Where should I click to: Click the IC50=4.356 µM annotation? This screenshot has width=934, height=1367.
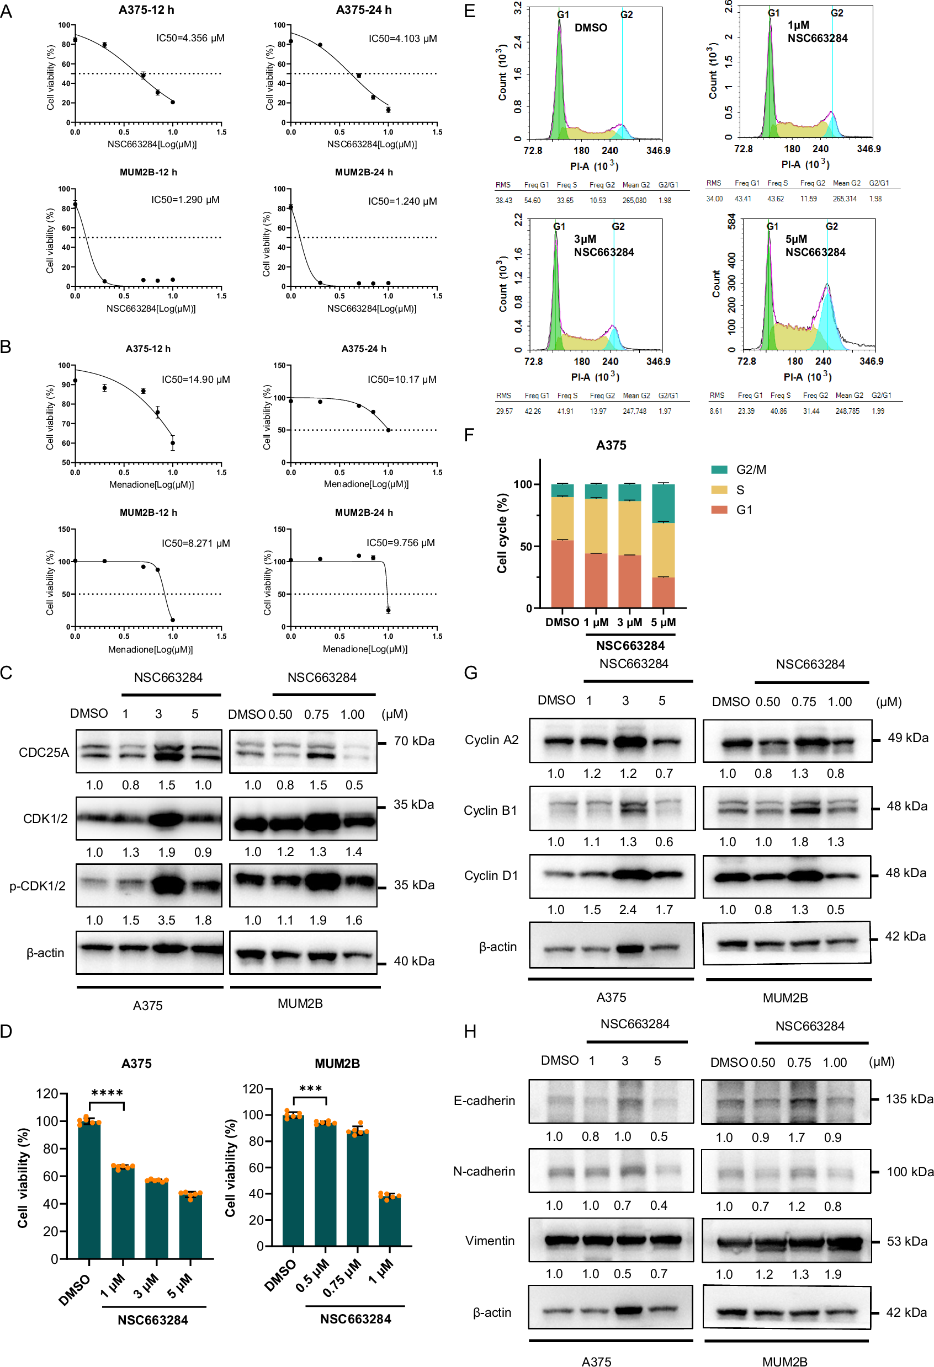point(190,38)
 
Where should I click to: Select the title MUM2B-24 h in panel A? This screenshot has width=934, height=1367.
point(364,172)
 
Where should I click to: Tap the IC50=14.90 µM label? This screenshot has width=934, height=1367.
point(195,380)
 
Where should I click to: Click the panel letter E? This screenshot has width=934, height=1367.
point(469,11)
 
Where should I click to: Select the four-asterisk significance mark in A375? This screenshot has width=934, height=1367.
point(107,1093)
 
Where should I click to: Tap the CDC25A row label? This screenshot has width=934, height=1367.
point(44,752)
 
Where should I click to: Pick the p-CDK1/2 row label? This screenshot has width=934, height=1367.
point(37,886)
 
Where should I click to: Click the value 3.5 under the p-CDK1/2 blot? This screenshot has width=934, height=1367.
point(167,920)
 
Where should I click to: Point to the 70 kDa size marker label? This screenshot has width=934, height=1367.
point(414,741)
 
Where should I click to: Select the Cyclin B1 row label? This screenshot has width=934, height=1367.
point(490,810)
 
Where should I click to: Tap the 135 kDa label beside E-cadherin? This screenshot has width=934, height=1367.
point(909,1099)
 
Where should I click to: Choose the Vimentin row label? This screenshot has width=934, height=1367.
point(490,1241)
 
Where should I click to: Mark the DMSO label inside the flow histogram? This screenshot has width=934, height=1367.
point(590,28)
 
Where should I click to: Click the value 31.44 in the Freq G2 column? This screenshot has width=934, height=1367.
point(810,411)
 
